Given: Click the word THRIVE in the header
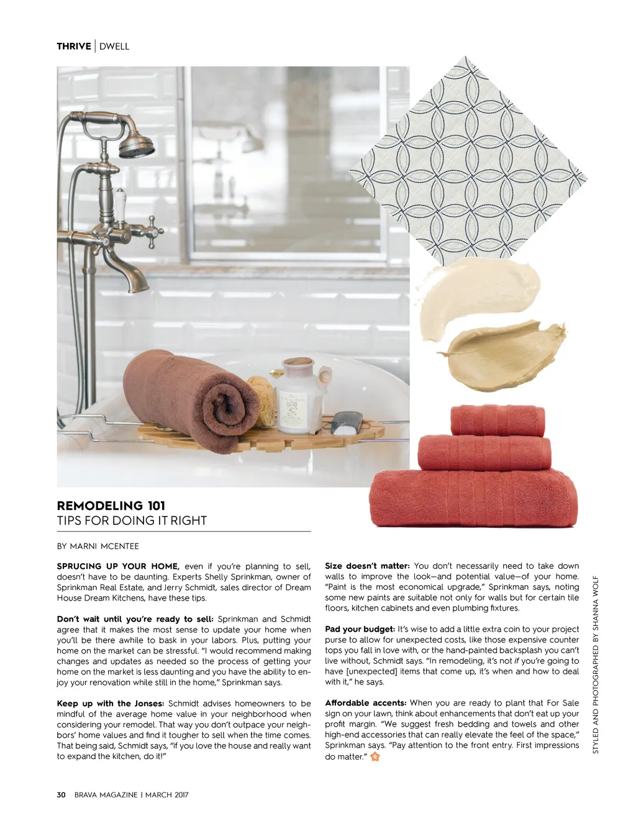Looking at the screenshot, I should click(x=73, y=46).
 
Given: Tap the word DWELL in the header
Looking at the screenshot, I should click(x=114, y=46).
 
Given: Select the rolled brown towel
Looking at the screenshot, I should click(x=193, y=397).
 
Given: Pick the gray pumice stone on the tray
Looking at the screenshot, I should click(x=346, y=422).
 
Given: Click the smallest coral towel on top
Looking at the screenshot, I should click(x=497, y=420).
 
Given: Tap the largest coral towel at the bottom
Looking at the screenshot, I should click(x=473, y=499).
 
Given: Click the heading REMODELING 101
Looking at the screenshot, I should click(x=111, y=506).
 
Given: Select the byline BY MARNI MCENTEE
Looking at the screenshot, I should click(x=98, y=547).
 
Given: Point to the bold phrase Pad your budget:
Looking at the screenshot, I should click(x=360, y=629).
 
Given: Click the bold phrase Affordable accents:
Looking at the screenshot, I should click(x=366, y=703).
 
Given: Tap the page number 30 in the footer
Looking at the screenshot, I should click(x=61, y=795).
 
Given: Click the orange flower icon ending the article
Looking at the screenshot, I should click(x=375, y=756).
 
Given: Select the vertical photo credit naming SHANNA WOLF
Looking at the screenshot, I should click(x=596, y=665).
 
